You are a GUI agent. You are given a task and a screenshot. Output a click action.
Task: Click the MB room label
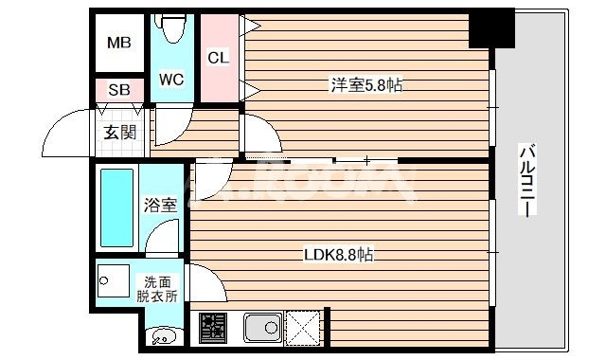click(x=118, y=43)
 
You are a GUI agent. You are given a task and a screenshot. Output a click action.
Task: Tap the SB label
click(x=118, y=90)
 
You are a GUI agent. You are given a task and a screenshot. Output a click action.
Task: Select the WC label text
click(x=171, y=78)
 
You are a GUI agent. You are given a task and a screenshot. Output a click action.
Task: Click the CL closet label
click(x=218, y=58)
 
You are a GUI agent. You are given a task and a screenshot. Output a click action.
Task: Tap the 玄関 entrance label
click(x=120, y=131)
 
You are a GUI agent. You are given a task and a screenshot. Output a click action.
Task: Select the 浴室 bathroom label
click(x=159, y=204)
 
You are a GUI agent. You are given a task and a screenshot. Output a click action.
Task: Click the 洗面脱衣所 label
click(x=160, y=288)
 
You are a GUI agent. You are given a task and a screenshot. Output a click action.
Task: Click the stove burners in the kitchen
click(x=213, y=329)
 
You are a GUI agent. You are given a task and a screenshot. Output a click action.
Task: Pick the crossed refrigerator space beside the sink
click(x=304, y=328)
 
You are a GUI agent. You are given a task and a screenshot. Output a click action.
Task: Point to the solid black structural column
click(x=491, y=28)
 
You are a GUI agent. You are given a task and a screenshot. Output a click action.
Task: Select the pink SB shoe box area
click(x=118, y=91)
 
